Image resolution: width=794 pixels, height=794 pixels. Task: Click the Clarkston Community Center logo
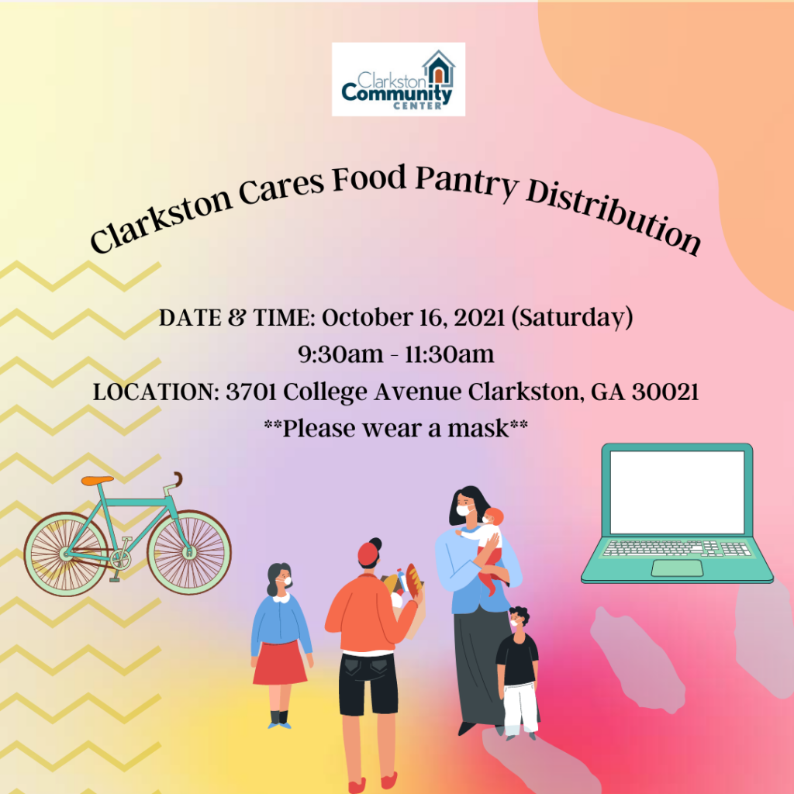tap(398, 79)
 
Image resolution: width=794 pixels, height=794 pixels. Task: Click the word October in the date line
tap(368, 318)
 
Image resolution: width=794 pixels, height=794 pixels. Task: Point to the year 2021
tap(479, 318)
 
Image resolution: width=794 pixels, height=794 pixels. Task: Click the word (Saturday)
tap(572, 318)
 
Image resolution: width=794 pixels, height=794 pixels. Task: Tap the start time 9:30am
tap(340, 354)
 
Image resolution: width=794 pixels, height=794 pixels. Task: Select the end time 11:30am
tap(450, 354)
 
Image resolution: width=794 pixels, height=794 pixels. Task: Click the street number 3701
tap(250, 392)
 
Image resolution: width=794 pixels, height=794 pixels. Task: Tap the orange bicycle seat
tap(98, 480)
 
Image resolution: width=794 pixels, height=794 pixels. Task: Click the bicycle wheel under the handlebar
tap(189, 552)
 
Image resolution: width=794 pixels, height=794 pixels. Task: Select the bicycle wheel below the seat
tap(66, 554)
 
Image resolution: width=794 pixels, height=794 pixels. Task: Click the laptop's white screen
tap(677, 492)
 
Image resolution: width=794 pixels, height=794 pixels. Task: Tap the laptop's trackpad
tap(677, 568)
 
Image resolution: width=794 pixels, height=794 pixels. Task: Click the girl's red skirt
tap(280, 663)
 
